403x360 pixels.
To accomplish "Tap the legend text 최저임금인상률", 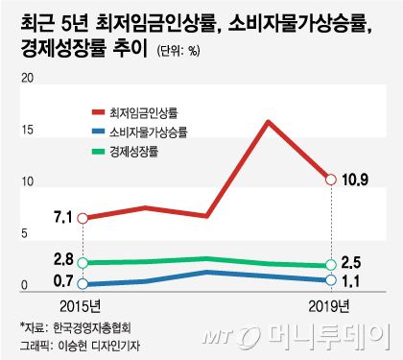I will (x=144, y=111).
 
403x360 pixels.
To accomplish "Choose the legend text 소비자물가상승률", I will (x=149, y=131).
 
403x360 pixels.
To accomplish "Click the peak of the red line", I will (x=268, y=121).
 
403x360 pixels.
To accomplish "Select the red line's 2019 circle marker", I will (x=331, y=180).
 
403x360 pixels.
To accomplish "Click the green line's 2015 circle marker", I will (x=83, y=263).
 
